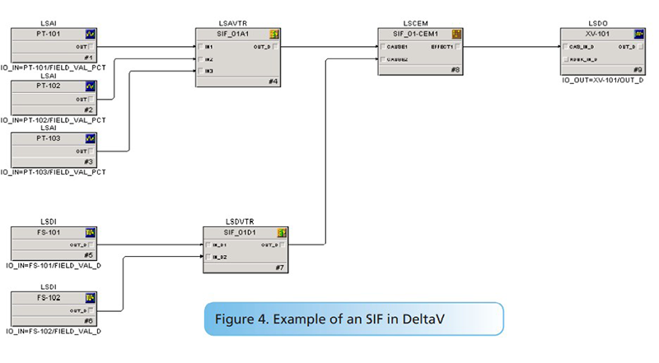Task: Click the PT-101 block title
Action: pyautogui.click(x=49, y=35)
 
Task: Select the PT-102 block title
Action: pyautogui.click(x=49, y=86)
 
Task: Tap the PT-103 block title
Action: pyautogui.click(x=49, y=137)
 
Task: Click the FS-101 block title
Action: pyautogui.click(x=49, y=231)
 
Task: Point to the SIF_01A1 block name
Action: pyautogui.click(x=233, y=35)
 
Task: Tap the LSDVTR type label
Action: pyautogui.click(x=240, y=221)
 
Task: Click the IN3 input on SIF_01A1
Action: pyautogui.click(x=209, y=71)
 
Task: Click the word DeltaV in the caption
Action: pyautogui.click(x=464, y=319)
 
